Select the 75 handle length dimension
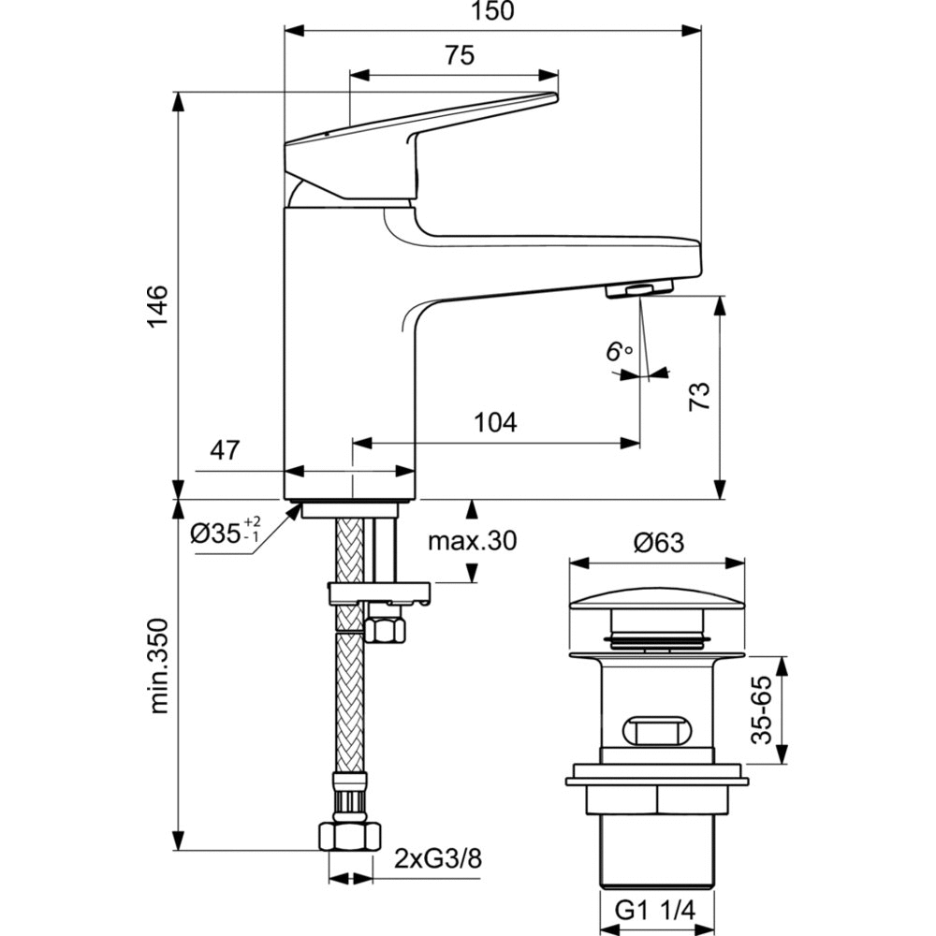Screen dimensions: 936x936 coord(459,55)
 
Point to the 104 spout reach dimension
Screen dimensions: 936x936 coord(495,422)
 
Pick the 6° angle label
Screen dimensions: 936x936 coord(618,352)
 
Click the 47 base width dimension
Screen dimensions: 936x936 coord(223,450)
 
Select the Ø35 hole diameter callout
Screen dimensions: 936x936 coord(225,533)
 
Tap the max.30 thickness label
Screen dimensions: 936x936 coord(472,540)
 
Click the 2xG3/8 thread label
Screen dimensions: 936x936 coord(437,857)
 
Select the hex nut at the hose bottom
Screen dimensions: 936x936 coord(348,834)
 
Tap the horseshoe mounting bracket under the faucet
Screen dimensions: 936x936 coord(378,593)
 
